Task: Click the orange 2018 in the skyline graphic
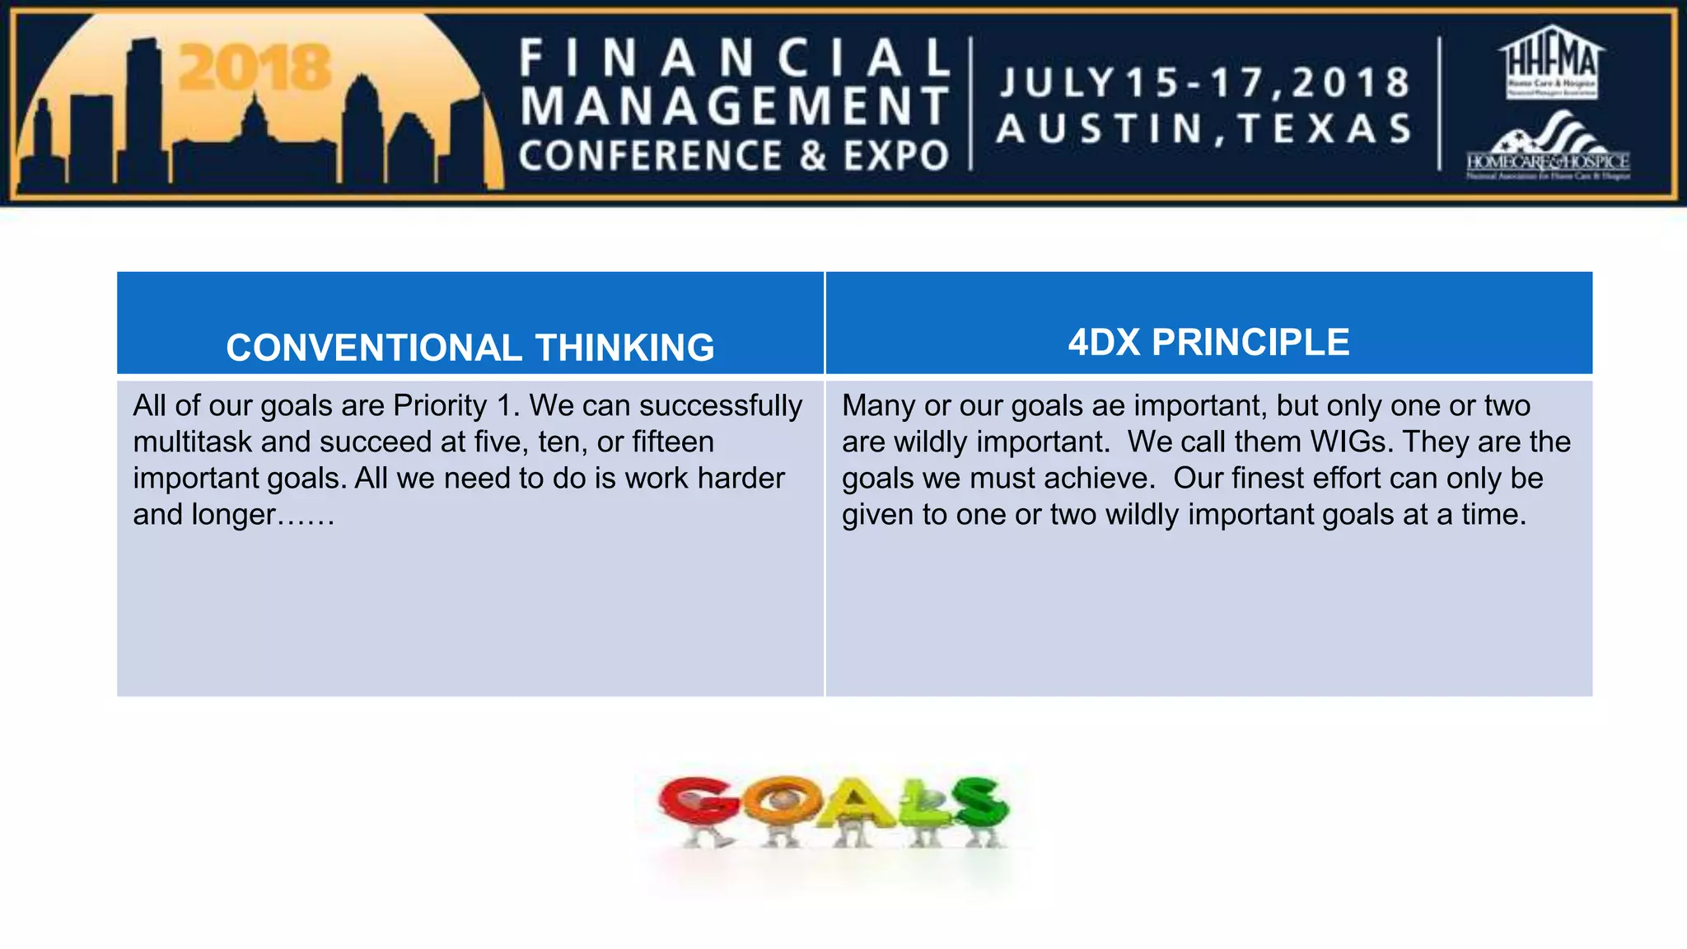point(255,68)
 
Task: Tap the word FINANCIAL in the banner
point(735,59)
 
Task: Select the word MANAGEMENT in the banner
point(735,107)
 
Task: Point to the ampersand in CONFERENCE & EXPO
point(812,156)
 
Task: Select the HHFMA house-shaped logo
point(1551,62)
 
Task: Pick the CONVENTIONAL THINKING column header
point(470,347)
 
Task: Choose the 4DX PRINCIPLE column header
point(1208,342)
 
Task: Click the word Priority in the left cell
point(440,405)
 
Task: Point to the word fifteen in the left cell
point(672,442)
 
